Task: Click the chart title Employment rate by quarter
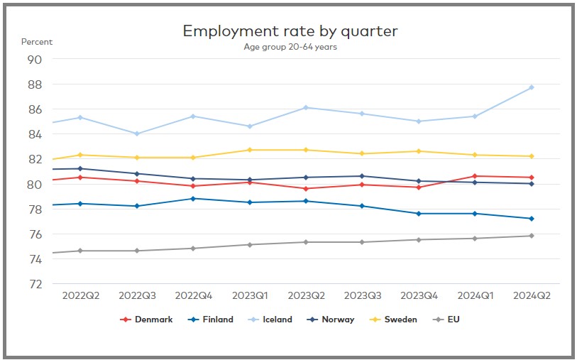coord(290,31)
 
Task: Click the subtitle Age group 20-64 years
coord(290,48)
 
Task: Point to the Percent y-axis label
coord(37,42)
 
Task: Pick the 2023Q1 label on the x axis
coord(249,295)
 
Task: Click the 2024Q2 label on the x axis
coord(530,295)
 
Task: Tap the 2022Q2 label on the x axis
coord(80,295)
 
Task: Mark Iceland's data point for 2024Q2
coord(531,87)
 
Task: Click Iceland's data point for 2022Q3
coord(137,133)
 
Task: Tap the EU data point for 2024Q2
coord(531,236)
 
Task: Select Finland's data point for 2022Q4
coord(193,199)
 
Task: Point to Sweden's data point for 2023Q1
coord(249,150)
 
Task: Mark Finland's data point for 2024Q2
coord(531,219)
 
